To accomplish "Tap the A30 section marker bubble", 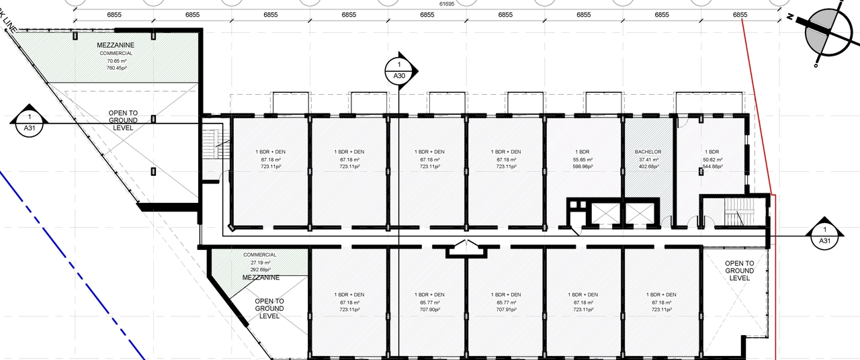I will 400,71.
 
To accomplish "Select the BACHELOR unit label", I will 648,152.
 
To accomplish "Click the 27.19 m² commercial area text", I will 260,263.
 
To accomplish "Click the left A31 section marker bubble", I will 30,120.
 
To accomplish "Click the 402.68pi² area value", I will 648,167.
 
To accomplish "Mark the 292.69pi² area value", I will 260,269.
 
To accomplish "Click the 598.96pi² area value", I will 583,167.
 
